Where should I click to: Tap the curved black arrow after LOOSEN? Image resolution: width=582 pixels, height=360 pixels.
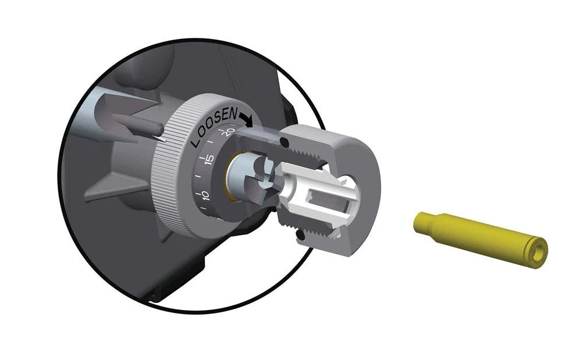coord(246,119)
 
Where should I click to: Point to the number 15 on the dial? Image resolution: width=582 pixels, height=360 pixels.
coord(210,159)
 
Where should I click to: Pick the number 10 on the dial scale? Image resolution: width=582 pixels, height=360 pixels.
coord(205,195)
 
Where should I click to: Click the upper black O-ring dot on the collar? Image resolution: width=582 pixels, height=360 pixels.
coord(285,142)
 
